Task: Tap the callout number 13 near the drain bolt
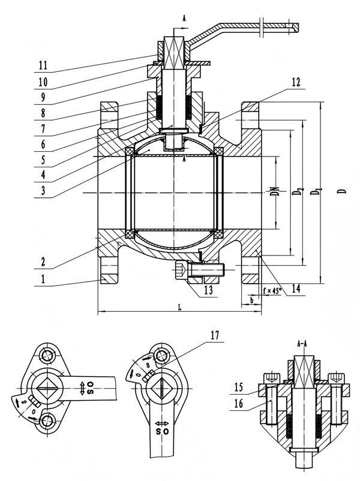click(x=208, y=290)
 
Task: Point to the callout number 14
click(x=294, y=289)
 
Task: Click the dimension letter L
click(x=179, y=306)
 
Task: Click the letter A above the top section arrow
click(x=184, y=19)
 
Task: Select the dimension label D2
click(x=296, y=193)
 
